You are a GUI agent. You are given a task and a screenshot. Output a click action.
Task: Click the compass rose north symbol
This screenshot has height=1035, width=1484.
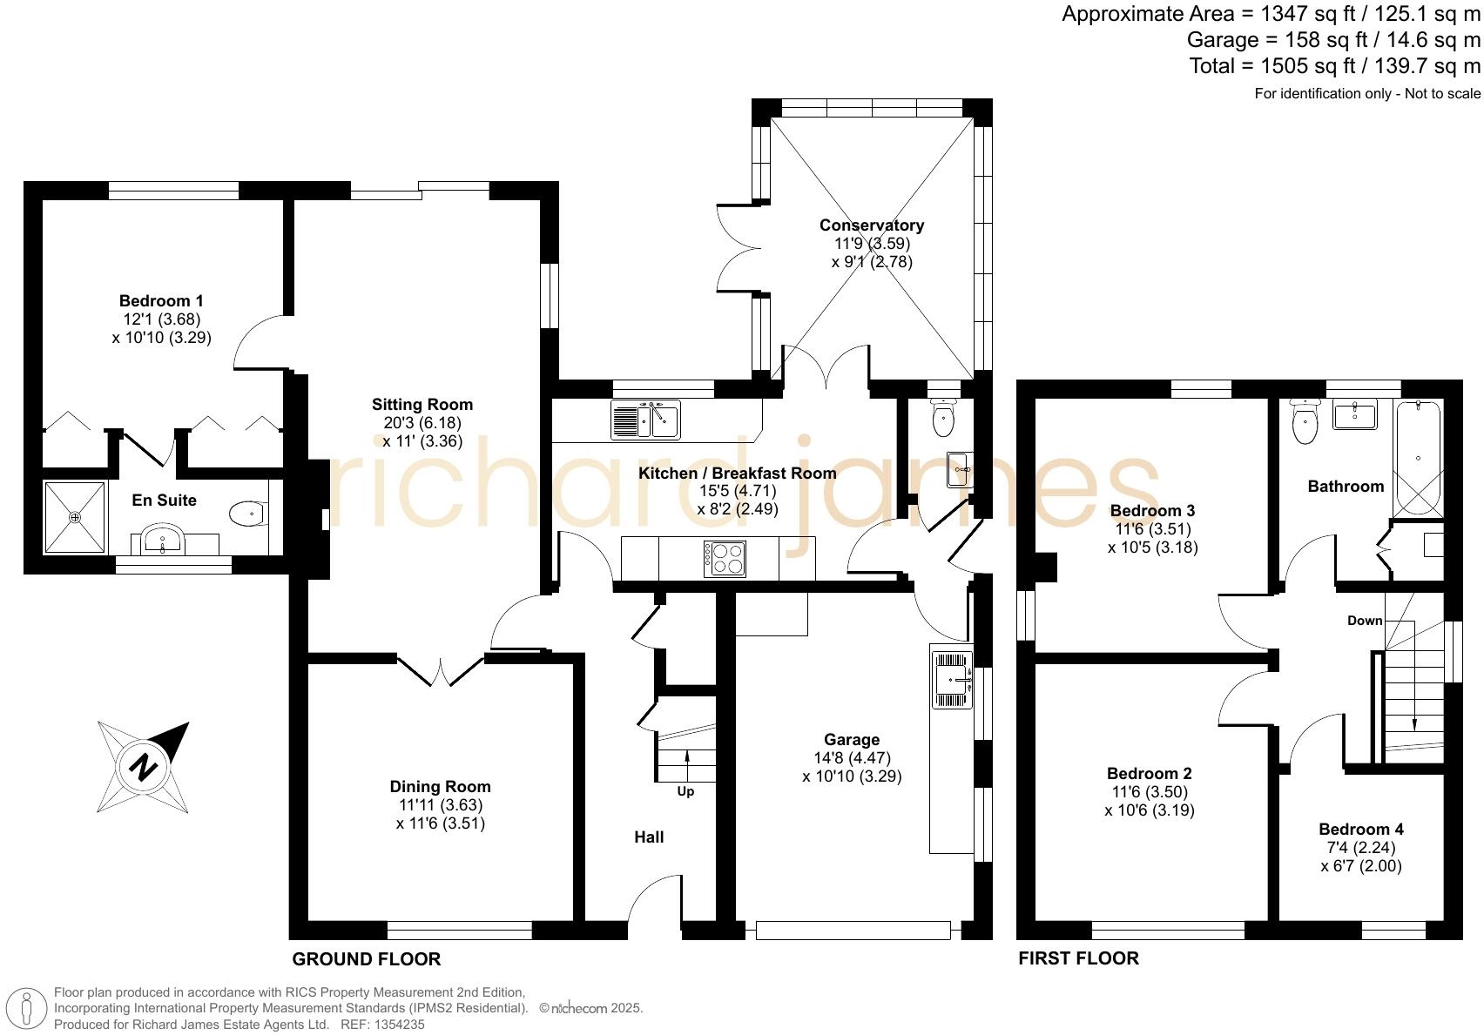point(143,767)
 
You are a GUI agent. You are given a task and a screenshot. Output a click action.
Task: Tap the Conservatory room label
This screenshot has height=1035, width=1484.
point(871,225)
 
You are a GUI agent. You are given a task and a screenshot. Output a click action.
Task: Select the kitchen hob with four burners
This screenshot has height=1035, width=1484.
point(725,559)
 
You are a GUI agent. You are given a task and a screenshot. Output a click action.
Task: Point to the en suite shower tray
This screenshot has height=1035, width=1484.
point(76,517)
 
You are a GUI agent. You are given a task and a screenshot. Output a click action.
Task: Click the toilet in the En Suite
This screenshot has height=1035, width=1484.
point(248,514)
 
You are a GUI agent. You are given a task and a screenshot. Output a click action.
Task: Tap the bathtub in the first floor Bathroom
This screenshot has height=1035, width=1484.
point(1419,459)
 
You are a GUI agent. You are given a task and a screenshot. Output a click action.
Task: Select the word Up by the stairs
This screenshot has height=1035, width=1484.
point(685,791)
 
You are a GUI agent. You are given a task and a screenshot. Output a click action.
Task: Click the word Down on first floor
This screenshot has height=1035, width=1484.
point(1364,621)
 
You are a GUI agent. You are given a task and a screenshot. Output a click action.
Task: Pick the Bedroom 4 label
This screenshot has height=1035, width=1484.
point(1360,829)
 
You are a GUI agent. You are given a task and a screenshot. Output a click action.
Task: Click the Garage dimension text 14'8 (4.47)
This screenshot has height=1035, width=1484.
point(852,757)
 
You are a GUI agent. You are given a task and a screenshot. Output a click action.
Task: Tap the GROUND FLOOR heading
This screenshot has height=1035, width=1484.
point(366,959)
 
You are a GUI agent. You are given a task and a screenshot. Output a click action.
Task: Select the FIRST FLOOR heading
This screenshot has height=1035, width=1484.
point(1078,958)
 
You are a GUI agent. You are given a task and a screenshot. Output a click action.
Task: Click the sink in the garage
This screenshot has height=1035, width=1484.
point(951,678)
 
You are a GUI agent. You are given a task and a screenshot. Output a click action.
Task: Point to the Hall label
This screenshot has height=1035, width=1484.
point(649,837)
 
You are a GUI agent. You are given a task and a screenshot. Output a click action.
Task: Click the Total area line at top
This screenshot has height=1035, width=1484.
point(1334,66)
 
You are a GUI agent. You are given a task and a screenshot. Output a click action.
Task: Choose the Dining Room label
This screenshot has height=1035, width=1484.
point(440,787)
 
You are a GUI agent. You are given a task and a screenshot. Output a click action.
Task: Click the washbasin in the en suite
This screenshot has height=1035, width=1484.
point(162,539)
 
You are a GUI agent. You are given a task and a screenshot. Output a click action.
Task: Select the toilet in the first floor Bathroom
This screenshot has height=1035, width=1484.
point(1305,424)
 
